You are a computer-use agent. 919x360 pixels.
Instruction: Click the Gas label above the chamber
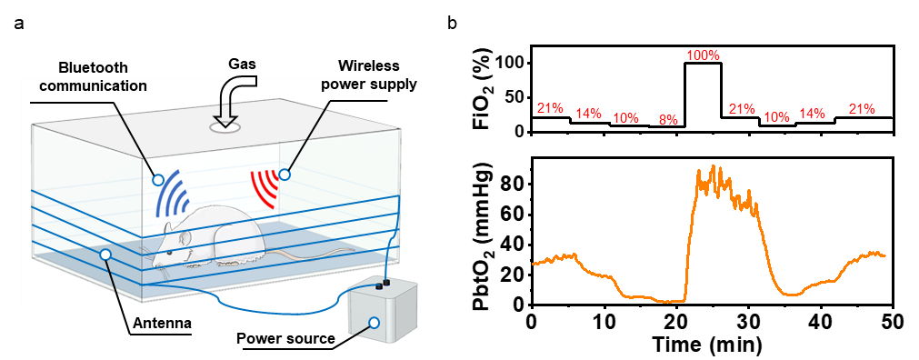coord(241,65)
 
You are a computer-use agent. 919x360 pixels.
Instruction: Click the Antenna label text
coord(159,323)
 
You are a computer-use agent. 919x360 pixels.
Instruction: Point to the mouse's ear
coord(186,239)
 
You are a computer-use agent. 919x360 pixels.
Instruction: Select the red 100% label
coord(703,55)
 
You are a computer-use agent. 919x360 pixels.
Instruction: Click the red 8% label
coord(665,118)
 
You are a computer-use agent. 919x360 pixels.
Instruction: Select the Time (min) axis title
coord(712,344)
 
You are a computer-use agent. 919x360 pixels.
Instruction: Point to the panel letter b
coord(451,23)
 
